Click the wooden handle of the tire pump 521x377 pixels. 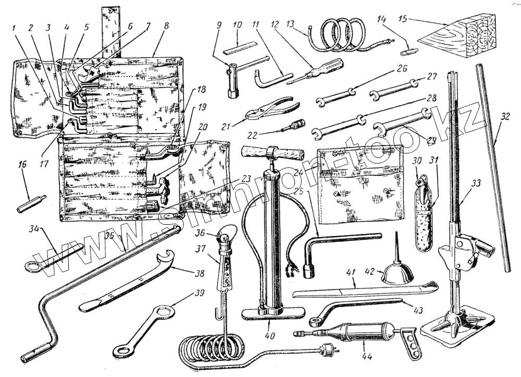(272, 153)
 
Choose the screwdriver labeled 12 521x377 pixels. (318, 70)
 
